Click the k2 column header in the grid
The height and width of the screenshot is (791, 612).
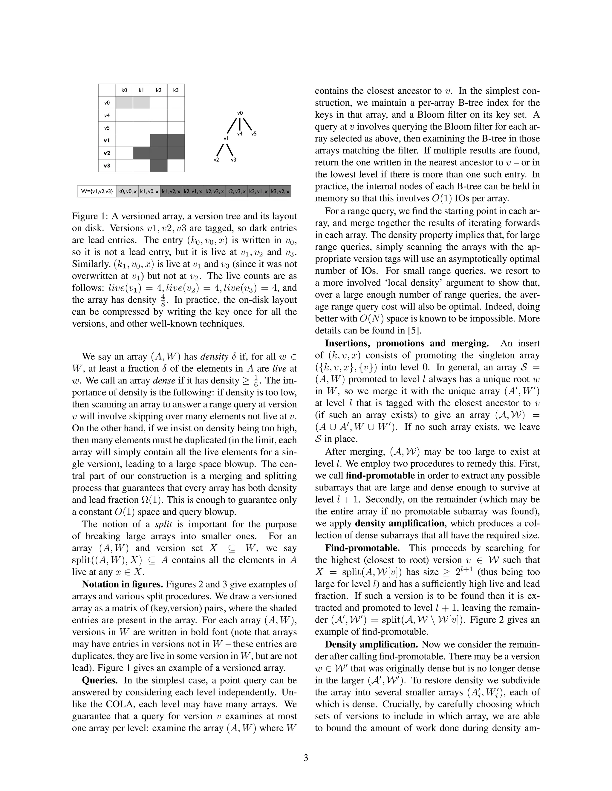pos(158,90)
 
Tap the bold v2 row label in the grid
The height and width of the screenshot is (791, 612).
pos(107,153)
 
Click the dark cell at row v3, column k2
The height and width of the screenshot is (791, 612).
pos(158,166)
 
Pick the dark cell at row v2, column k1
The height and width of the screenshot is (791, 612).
pos(141,153)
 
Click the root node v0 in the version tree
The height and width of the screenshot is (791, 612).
pos(240,113)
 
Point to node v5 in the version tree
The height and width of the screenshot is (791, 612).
pos(254,134)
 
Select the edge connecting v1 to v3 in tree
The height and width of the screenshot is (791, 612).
pos(229,149)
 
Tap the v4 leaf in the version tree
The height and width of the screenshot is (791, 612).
pos(240,134)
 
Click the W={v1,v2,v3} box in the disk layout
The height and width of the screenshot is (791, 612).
pos(97,191)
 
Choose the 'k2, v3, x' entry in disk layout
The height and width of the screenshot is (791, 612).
pos(236,191)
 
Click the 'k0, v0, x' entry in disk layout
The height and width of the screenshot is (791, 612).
pos(127,191)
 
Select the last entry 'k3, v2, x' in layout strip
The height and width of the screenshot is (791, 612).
pos(280,191)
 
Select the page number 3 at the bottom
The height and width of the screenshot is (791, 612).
pos(306,758)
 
